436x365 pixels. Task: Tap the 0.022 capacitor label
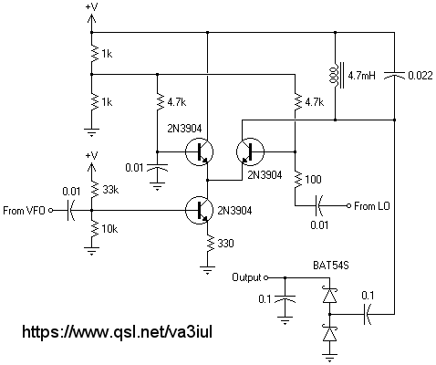point(420,76)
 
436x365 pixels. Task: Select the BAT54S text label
point(331,266)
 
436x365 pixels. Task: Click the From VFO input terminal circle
point(51,210)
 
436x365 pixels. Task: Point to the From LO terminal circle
point(348,206)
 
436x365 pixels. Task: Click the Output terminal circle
point(265,277)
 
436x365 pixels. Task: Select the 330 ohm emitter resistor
point(208,243)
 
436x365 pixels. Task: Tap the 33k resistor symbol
point(95,189)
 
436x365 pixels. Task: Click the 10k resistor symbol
point(95,229)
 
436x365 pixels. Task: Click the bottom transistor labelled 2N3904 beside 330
point(200,211)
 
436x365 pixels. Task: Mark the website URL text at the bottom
point(117,331)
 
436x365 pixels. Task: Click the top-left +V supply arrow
point(91,19)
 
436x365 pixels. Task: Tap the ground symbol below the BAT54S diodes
point(329,357)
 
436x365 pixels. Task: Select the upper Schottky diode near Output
point(329,295)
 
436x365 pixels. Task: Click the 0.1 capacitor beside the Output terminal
point(285,299)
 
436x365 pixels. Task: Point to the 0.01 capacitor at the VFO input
point(69,210)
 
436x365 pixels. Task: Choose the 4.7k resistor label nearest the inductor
point(314,102)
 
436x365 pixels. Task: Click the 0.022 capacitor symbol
point(394,75)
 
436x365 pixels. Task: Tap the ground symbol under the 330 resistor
point(207,270)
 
